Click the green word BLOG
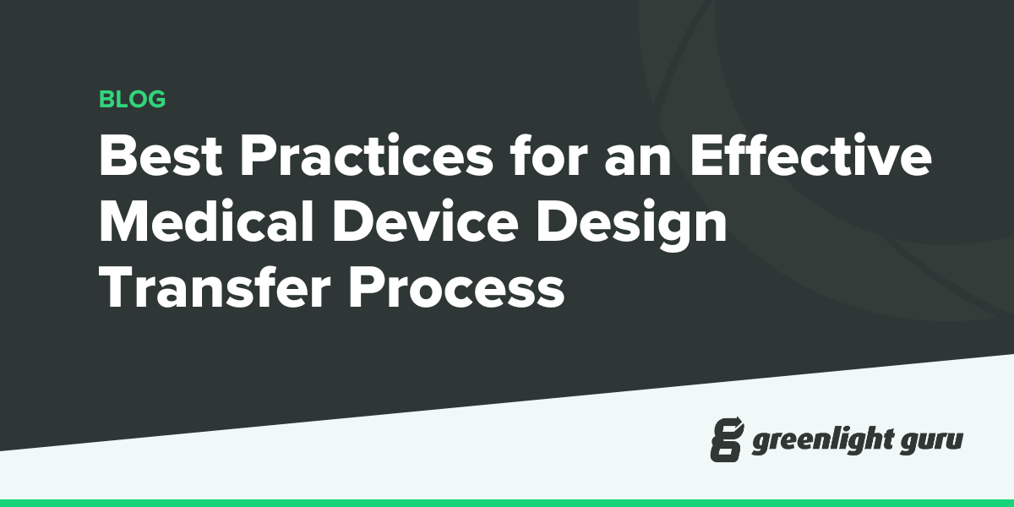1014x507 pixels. (132, 100)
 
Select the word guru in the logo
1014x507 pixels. (933, 441)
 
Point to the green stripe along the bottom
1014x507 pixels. (507, 503)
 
